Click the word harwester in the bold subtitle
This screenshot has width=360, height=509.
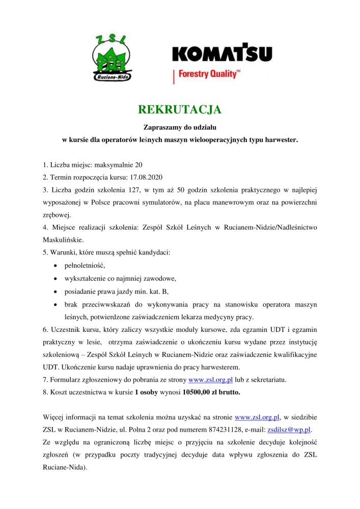[x=279, y=138]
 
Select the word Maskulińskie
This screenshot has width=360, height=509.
[x=60, y=239]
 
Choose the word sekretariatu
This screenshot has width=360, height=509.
[x=271, y=380]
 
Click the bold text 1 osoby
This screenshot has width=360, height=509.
[x=147, y=392]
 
